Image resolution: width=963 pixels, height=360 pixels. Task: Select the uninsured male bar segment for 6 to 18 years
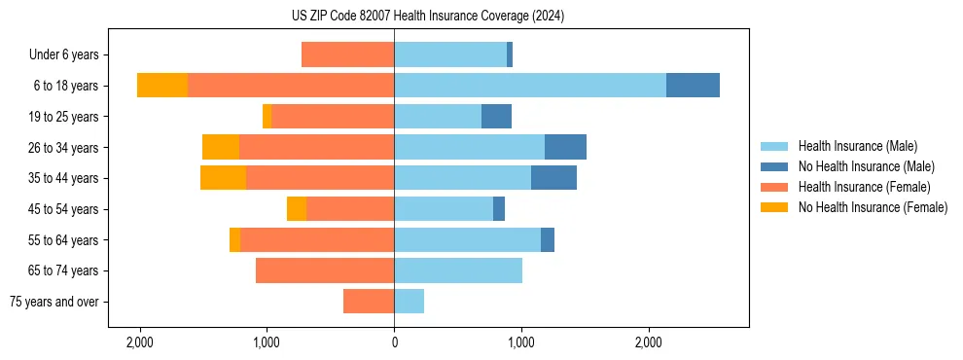click(x=693, y=86)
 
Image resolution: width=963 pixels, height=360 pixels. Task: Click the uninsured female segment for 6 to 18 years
click(x=162, y=86)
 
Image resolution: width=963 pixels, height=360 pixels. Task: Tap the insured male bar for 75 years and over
click(x=409, y=302)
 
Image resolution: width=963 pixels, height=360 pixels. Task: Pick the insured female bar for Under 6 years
click(x=347, y=54)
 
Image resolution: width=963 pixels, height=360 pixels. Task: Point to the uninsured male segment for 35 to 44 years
click(x=553, y=178)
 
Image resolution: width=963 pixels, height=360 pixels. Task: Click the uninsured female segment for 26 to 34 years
click(x=221, y=147)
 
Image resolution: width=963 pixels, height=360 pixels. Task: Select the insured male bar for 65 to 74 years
click(x=458, y=270)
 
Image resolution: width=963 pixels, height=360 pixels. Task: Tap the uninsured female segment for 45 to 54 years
click(x=297, y=209)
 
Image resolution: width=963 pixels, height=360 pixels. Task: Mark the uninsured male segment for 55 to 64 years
click(x=548, y=239)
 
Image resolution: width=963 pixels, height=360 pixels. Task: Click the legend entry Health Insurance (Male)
click(x=857, y=146)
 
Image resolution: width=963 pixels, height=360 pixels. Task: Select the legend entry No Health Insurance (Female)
click(x=873, y=207)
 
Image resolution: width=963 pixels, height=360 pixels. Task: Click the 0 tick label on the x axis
click(x=394, y=342)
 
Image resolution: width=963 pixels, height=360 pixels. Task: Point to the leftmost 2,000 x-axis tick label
click(x=140, y=342)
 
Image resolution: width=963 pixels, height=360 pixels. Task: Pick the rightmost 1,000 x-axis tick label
click(x=521, y=342)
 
